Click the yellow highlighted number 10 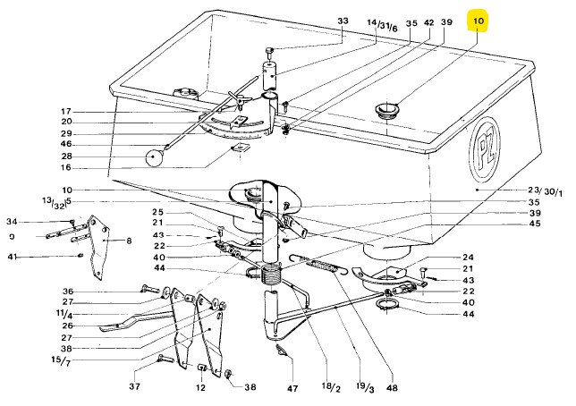tap(479, 21)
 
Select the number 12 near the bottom tap(200, 389)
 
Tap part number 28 tap(41, 156)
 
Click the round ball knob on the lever tap(155, 158)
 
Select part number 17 tap(41, 111)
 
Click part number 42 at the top tap(428, 22)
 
